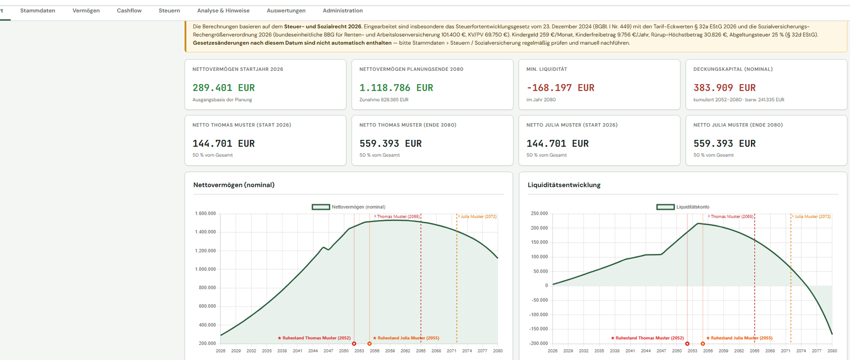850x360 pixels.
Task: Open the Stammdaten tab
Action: (38, 11)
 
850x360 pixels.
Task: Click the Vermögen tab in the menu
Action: (86, 11)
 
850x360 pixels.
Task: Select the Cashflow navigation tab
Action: (129, 11)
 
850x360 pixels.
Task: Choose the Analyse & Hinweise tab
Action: (223, 11)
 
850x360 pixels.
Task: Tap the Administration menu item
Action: (343, 11)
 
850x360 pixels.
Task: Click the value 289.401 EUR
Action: (224, 88)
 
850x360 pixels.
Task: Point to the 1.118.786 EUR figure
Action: (396, 88)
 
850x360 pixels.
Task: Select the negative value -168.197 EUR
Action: (560, 88)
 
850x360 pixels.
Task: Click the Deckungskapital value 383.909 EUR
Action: (725, 88)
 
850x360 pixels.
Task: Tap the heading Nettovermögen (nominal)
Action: (234, 185)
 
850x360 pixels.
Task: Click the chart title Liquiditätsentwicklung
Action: (564, 185)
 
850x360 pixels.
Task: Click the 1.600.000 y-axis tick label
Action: (205, 213)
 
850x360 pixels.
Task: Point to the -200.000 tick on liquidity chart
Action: (538, 343)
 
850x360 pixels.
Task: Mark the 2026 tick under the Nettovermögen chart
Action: (220, 351)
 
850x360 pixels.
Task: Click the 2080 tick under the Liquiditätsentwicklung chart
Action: (832, 351)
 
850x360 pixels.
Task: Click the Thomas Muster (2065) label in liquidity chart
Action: (731, 217)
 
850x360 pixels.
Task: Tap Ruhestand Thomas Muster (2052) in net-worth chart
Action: (314, 338)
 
